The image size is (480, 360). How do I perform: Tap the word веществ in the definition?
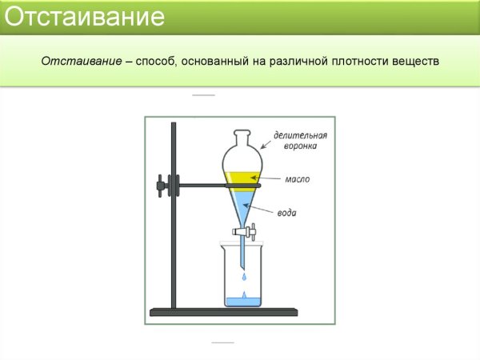click(x=413, y=61)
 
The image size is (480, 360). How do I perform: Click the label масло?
click(x=298, y=179)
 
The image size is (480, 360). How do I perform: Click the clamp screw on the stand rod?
click(x=163, y=186)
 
